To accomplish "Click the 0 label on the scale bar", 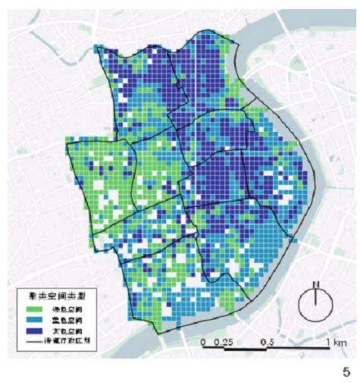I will tap(205, 343).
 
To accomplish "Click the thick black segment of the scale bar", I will tap(235, 350).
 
